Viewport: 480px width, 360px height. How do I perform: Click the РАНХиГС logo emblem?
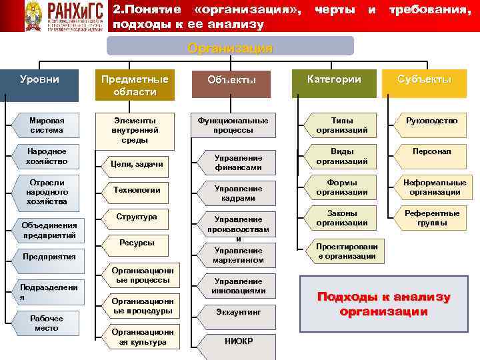click(x=33, y=16)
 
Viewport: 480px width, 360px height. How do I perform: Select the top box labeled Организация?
click(x=230, y=48)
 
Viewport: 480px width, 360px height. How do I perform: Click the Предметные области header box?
click(x=135, y=85)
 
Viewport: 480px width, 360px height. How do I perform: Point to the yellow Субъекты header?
click(x=424, y=79)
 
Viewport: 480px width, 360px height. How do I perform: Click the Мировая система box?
click(x=47, y=125)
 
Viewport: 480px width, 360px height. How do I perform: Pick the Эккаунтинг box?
click(x=238, y=311)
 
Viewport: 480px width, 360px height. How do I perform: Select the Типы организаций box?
click(x=341, y=125)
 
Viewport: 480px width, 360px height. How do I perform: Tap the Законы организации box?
click(x=341, y=218)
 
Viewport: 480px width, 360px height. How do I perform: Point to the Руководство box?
click(x=431, y=121)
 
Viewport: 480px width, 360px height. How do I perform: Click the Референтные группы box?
click(x=432, y=218)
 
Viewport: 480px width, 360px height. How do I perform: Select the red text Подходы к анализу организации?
click(x=383, y=304)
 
